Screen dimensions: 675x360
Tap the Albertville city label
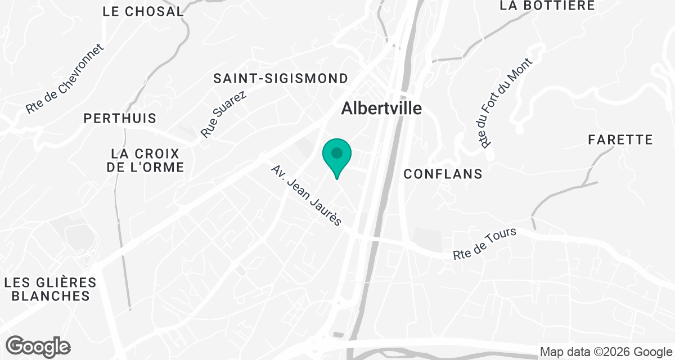pos(382,108)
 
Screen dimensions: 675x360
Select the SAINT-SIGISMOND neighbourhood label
pos(281,78)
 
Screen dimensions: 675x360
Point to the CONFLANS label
pos(443,174)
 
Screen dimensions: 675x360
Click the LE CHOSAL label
pos(143,11)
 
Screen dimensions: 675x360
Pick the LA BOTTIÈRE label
pos(547,6)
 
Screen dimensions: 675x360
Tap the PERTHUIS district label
pos(120,119)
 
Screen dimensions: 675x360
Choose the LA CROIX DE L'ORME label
pos(146,160)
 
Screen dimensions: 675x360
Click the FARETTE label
pos(620,139)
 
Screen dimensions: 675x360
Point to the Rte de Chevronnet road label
pos(65,79)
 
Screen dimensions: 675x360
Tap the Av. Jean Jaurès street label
pos(306,195)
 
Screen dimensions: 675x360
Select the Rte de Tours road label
pos(484,244)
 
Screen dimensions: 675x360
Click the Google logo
pos(38,346)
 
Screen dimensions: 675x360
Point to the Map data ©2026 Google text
pos(606,352)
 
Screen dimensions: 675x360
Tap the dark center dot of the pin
pos(336,152)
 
